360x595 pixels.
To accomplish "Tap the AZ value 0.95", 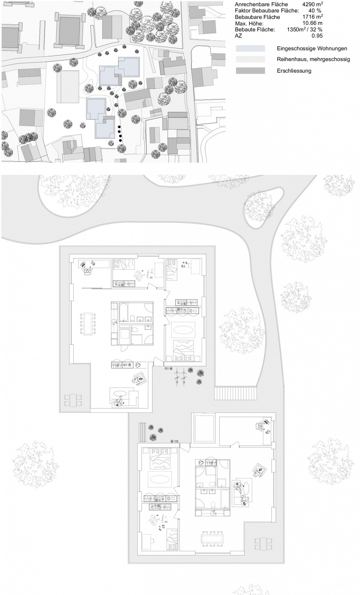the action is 317,36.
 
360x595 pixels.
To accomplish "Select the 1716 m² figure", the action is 313,17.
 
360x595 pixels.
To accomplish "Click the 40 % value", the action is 314,10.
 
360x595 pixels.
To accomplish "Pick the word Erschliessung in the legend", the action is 294,71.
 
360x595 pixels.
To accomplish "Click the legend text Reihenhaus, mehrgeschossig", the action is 314,59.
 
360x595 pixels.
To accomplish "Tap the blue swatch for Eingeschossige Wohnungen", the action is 250,48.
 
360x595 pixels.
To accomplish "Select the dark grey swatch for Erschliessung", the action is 250,71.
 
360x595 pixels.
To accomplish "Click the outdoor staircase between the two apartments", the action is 235,393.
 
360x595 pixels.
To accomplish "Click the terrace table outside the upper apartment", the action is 73,400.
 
